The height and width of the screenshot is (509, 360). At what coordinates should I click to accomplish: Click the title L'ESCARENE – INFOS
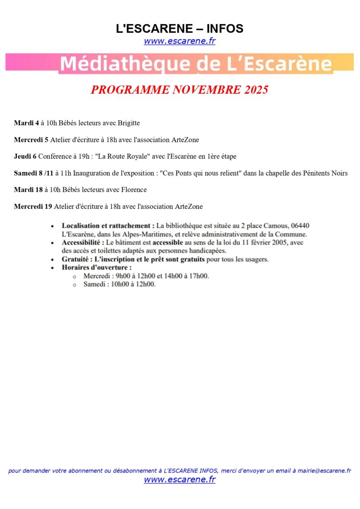pos(180,29)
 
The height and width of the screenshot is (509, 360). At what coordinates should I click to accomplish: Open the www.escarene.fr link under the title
pos(180,41)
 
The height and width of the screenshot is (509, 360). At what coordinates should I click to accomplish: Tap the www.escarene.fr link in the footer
pos(180,480)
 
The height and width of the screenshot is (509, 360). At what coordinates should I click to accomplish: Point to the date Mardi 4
pos(26,123)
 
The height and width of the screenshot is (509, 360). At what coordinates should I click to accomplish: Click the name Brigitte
pos(129,123)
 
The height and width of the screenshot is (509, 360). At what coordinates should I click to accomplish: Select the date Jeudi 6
pos(25,156)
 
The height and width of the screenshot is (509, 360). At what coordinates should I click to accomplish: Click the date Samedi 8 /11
pos(33,173)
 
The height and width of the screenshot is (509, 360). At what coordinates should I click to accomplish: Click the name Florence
pos(132,190)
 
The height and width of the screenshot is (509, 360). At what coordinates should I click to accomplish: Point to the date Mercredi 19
pos(33,206)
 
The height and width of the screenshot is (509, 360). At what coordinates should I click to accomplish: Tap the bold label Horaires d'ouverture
pos(96,268)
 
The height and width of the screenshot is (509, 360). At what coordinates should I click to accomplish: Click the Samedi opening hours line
pos(120,285)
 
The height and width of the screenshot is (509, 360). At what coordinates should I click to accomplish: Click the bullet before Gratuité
pos(53,260)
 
